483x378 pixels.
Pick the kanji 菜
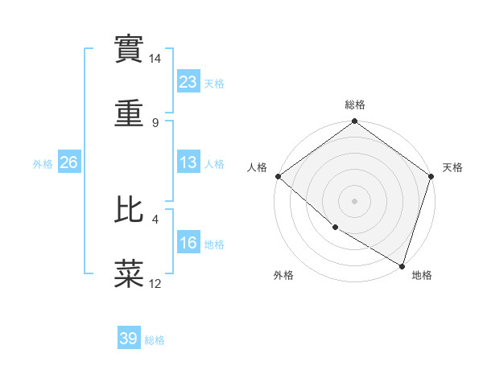pyautogui.click(x=130, y=273)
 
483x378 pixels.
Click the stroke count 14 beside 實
pyautogui.click(x=155, y=59)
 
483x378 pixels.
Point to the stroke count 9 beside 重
pyautogui.click(x=155, y=122)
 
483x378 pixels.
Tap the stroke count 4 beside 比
pyautogui.click(x=155, y=218)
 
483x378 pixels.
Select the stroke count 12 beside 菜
pyautogui.click(x=155, y=283)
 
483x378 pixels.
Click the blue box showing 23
pyautogui.click(x=188, y=82)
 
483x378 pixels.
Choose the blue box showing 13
pyautogui.click(x=188, y=162)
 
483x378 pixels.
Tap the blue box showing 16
pyautogui.click(x=188, y=243)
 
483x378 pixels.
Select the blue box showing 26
pyautogui.click(x=68, y=162)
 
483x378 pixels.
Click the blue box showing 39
pyautogui.click(x=129, y=339)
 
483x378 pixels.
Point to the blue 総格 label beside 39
pyautogui.click(x=155, y=340)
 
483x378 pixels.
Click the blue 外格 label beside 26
pyautogui.click(x=43, y=163)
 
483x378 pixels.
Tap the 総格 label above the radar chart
pyautogui.click(x=355, y=105)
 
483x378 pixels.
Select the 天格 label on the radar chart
pyautogui.click(x=452, y=167)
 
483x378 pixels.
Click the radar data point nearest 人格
pyautogui.click(x=277, y=176)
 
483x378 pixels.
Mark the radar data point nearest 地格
pyautogui.click(x=402, y=265)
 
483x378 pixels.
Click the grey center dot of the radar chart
pyautogui.click(x=355, y=200)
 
